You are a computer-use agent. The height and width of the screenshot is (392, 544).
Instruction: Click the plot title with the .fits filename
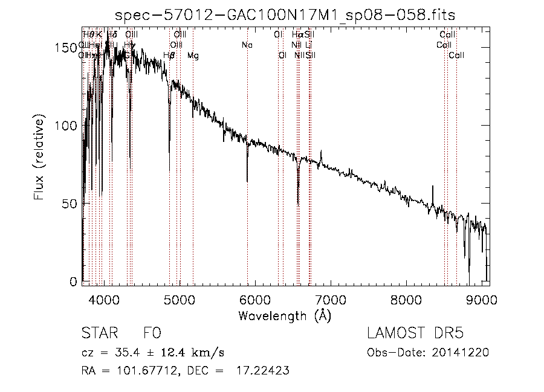pyautogui.click(x=285, y=14)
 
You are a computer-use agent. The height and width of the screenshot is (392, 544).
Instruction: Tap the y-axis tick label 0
pyautogui.click(x=73, y=281)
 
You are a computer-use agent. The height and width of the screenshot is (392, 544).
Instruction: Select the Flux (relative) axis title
pyautogui.click(x=40, y=159)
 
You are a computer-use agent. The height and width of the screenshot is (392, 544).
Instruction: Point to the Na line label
pyautogui.click(x=247, y=45)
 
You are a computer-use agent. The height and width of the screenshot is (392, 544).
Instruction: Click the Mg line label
pyautogui.click(x=193, y=56)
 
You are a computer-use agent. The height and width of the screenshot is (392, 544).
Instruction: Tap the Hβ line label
pyautogui.click(x=169, y=56)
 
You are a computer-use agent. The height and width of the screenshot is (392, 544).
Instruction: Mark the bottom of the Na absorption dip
pyautogui.click(x=247, y=181)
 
